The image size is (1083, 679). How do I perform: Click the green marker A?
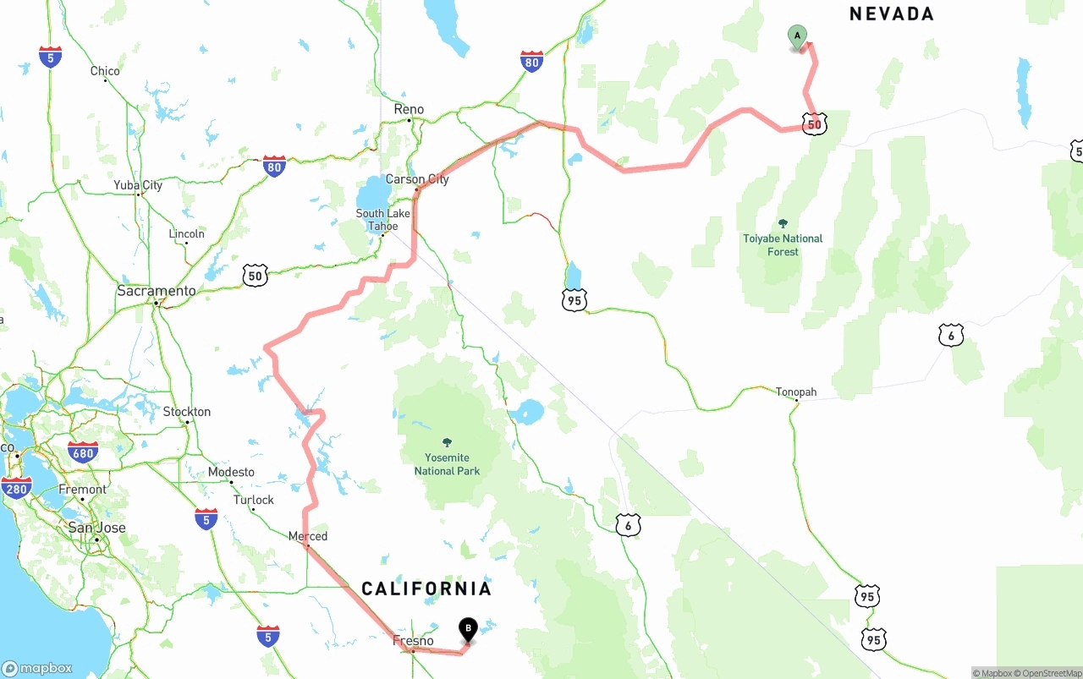point(796,36)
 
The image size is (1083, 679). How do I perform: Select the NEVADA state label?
point(891,14)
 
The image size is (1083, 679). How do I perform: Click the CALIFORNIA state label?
point(426,589)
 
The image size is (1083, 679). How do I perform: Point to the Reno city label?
point(409,109)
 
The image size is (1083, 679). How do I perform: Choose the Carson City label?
point(417,179)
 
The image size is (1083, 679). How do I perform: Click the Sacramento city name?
point(157,291)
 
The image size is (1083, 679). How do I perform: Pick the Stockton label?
point(187,412)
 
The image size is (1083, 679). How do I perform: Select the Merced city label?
point(308,536)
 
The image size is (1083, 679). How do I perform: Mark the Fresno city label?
point(413,641)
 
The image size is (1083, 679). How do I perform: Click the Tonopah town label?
point(796,392)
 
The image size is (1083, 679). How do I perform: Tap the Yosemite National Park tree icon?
point(447,442)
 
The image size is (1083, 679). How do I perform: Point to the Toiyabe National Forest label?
point(783,244)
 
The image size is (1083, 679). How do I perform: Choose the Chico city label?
point(105,71)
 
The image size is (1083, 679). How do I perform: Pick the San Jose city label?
point(96,528)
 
